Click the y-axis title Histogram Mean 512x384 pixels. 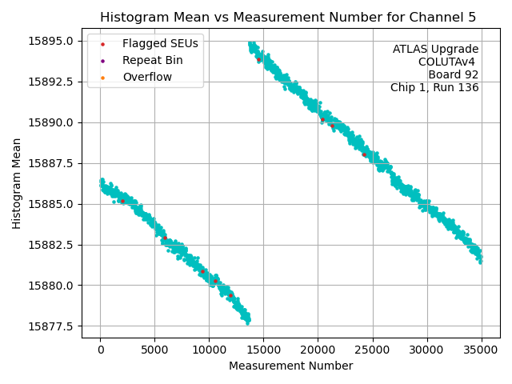point(17,183)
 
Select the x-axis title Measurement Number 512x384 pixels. point(290,366)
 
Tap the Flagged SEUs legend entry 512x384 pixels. point(160,43)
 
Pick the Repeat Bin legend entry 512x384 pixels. point(152,60)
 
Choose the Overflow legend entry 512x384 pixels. point(146,77)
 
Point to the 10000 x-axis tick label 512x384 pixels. point(209,350)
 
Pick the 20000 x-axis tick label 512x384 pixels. point(318,350)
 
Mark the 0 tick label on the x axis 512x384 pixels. point(100,350)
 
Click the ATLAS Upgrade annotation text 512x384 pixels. point(435,50)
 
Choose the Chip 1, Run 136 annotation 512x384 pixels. point(434,88)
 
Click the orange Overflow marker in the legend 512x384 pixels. point(102,78)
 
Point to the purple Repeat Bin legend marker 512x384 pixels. point(102,61)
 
